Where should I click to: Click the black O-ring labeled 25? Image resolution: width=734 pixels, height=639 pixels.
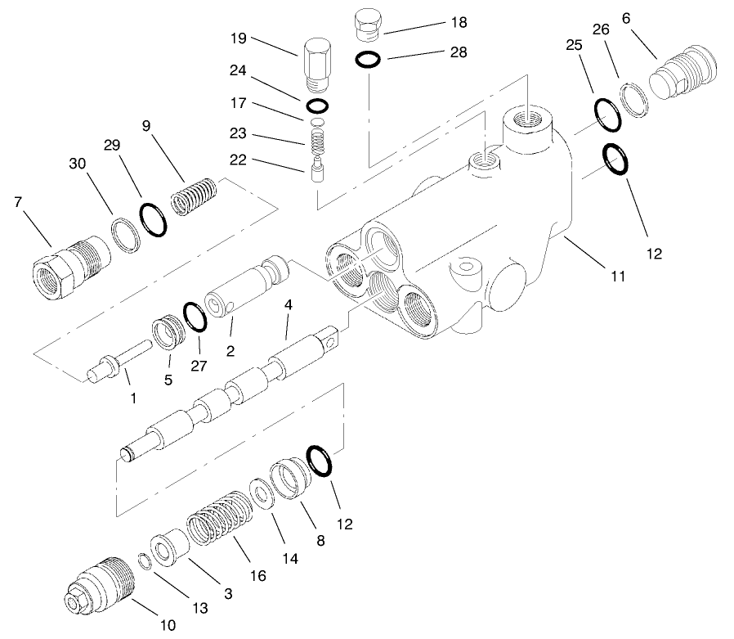607,114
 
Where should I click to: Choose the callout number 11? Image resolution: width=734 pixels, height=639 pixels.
617,277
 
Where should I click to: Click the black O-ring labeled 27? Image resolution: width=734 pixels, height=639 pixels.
194,317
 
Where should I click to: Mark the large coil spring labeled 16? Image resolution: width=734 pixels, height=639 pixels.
217,519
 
